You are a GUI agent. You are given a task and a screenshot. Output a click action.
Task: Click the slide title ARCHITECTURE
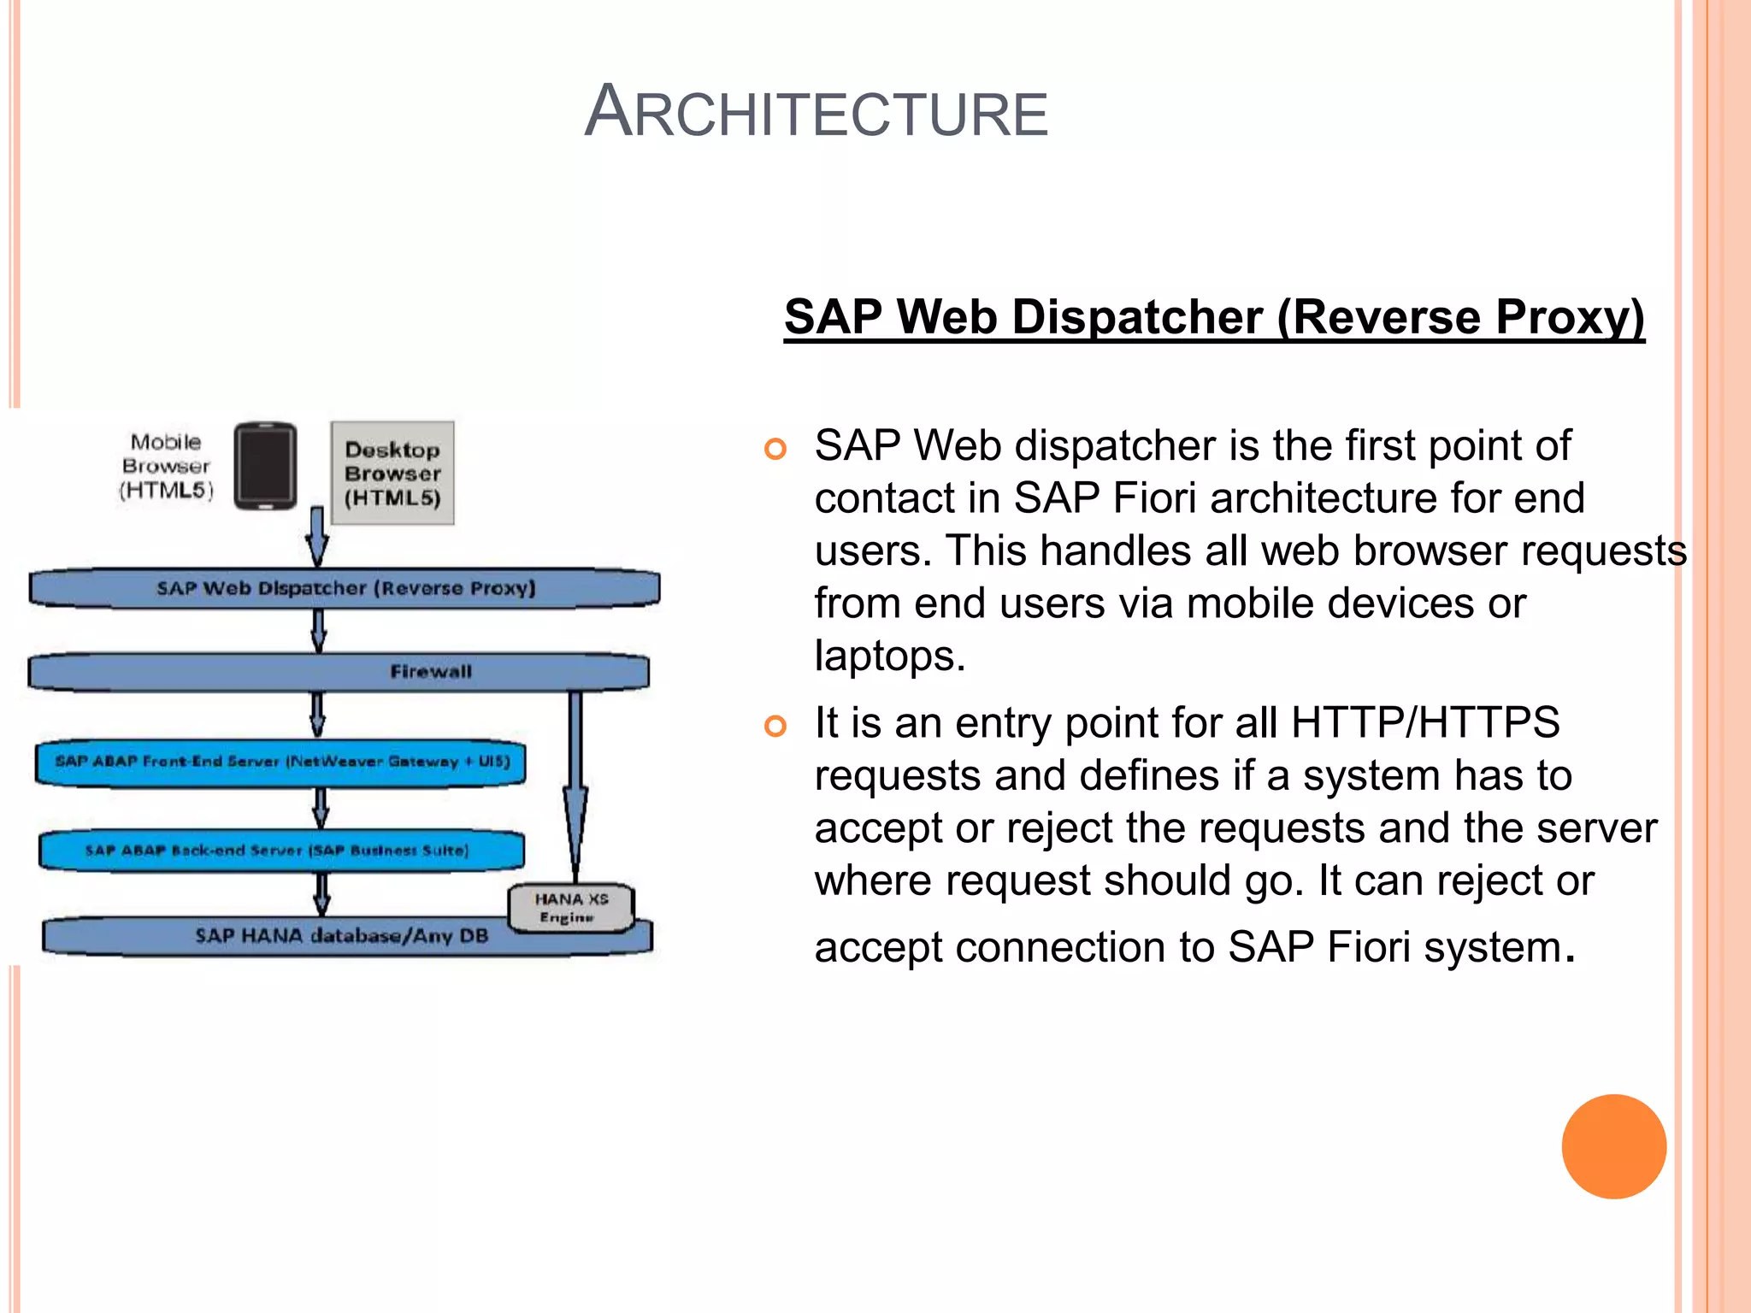pos(816,113)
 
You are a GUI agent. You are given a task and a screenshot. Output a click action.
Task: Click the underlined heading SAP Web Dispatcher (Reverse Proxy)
pos(1214,317)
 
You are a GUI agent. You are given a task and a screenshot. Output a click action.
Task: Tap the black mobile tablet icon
pos(266,466)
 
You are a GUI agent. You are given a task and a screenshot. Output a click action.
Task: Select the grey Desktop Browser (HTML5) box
pos(392,473)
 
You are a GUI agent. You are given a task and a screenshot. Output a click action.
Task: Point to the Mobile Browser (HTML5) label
pos(166,466)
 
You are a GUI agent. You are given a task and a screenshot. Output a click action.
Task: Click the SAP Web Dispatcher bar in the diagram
pos(345,588)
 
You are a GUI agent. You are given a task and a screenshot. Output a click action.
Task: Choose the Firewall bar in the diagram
pos(339,672)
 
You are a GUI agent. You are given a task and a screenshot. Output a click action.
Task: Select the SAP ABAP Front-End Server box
pos(281,762)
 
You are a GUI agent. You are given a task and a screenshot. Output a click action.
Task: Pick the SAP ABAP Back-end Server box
pos(281,851)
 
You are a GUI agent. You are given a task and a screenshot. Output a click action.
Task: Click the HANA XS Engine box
pos(571,908)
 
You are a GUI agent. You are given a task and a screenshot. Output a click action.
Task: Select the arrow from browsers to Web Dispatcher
pos(317,537)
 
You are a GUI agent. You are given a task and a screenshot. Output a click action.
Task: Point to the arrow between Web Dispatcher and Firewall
pos(318,631)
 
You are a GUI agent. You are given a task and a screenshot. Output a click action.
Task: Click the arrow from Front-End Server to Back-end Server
pos(321,807)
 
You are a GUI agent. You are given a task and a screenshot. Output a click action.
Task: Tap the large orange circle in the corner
pos(1613,1146)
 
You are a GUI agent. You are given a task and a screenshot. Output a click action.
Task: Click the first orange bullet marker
pos(775,449)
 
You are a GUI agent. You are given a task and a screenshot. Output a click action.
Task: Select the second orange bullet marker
pos(775,727)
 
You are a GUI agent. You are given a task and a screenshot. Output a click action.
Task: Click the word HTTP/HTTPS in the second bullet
pos(1425,723)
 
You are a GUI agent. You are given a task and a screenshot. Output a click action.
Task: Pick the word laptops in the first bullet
pos(888,656)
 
